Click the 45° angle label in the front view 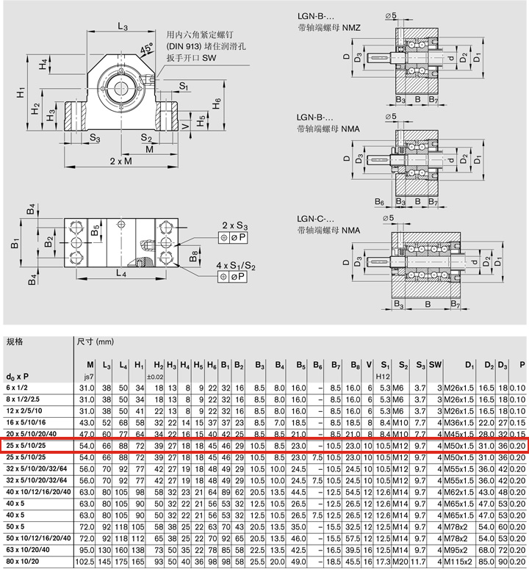(x=146, y=50)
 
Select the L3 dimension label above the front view (x=122, y=27)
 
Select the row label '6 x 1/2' (x=20, y=387)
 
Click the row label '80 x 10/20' (x=26, y=562)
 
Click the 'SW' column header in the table (x=435, y=364)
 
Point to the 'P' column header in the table (x=522, y=364)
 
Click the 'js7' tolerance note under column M (x=90, y=376)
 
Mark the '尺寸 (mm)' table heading (x=96, y=341)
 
